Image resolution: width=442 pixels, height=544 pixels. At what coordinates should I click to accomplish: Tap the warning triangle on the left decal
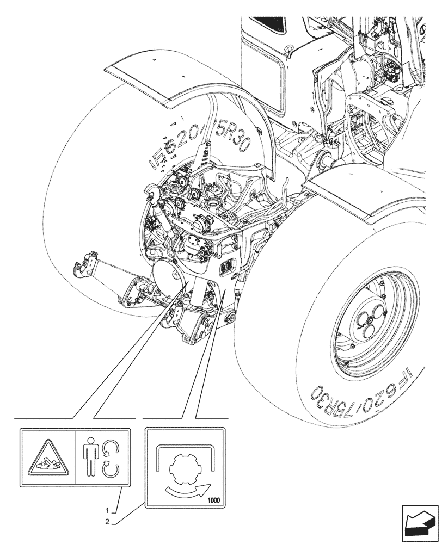pos(47,457)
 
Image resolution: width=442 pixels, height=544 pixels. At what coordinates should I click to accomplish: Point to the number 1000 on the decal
pos(214,499)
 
